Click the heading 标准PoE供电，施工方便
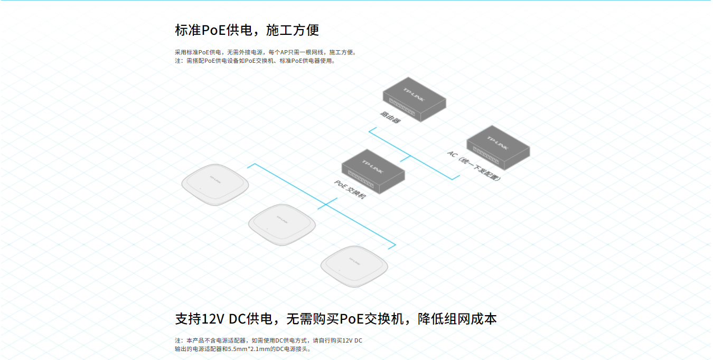click(247, 30)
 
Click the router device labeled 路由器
click(414, 99)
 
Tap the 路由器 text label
click(390, 117)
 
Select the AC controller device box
click(498, 148)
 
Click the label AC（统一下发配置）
click(474, 165)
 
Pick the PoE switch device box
click(373, 172)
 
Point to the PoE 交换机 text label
click(350, 190)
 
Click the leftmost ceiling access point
click(215, 185)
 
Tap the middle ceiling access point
click(282, 225)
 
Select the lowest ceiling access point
click(354, 267)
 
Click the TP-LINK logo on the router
click(414, 94)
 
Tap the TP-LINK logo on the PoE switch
click(373, 167)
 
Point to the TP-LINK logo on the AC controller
click(498, 143)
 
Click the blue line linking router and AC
click(414, 154)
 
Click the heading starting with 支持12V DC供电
click(336, 319)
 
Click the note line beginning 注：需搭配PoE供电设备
click(255, 61)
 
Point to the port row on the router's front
click(402, 107)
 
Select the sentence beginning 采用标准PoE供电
click(266, 52)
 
